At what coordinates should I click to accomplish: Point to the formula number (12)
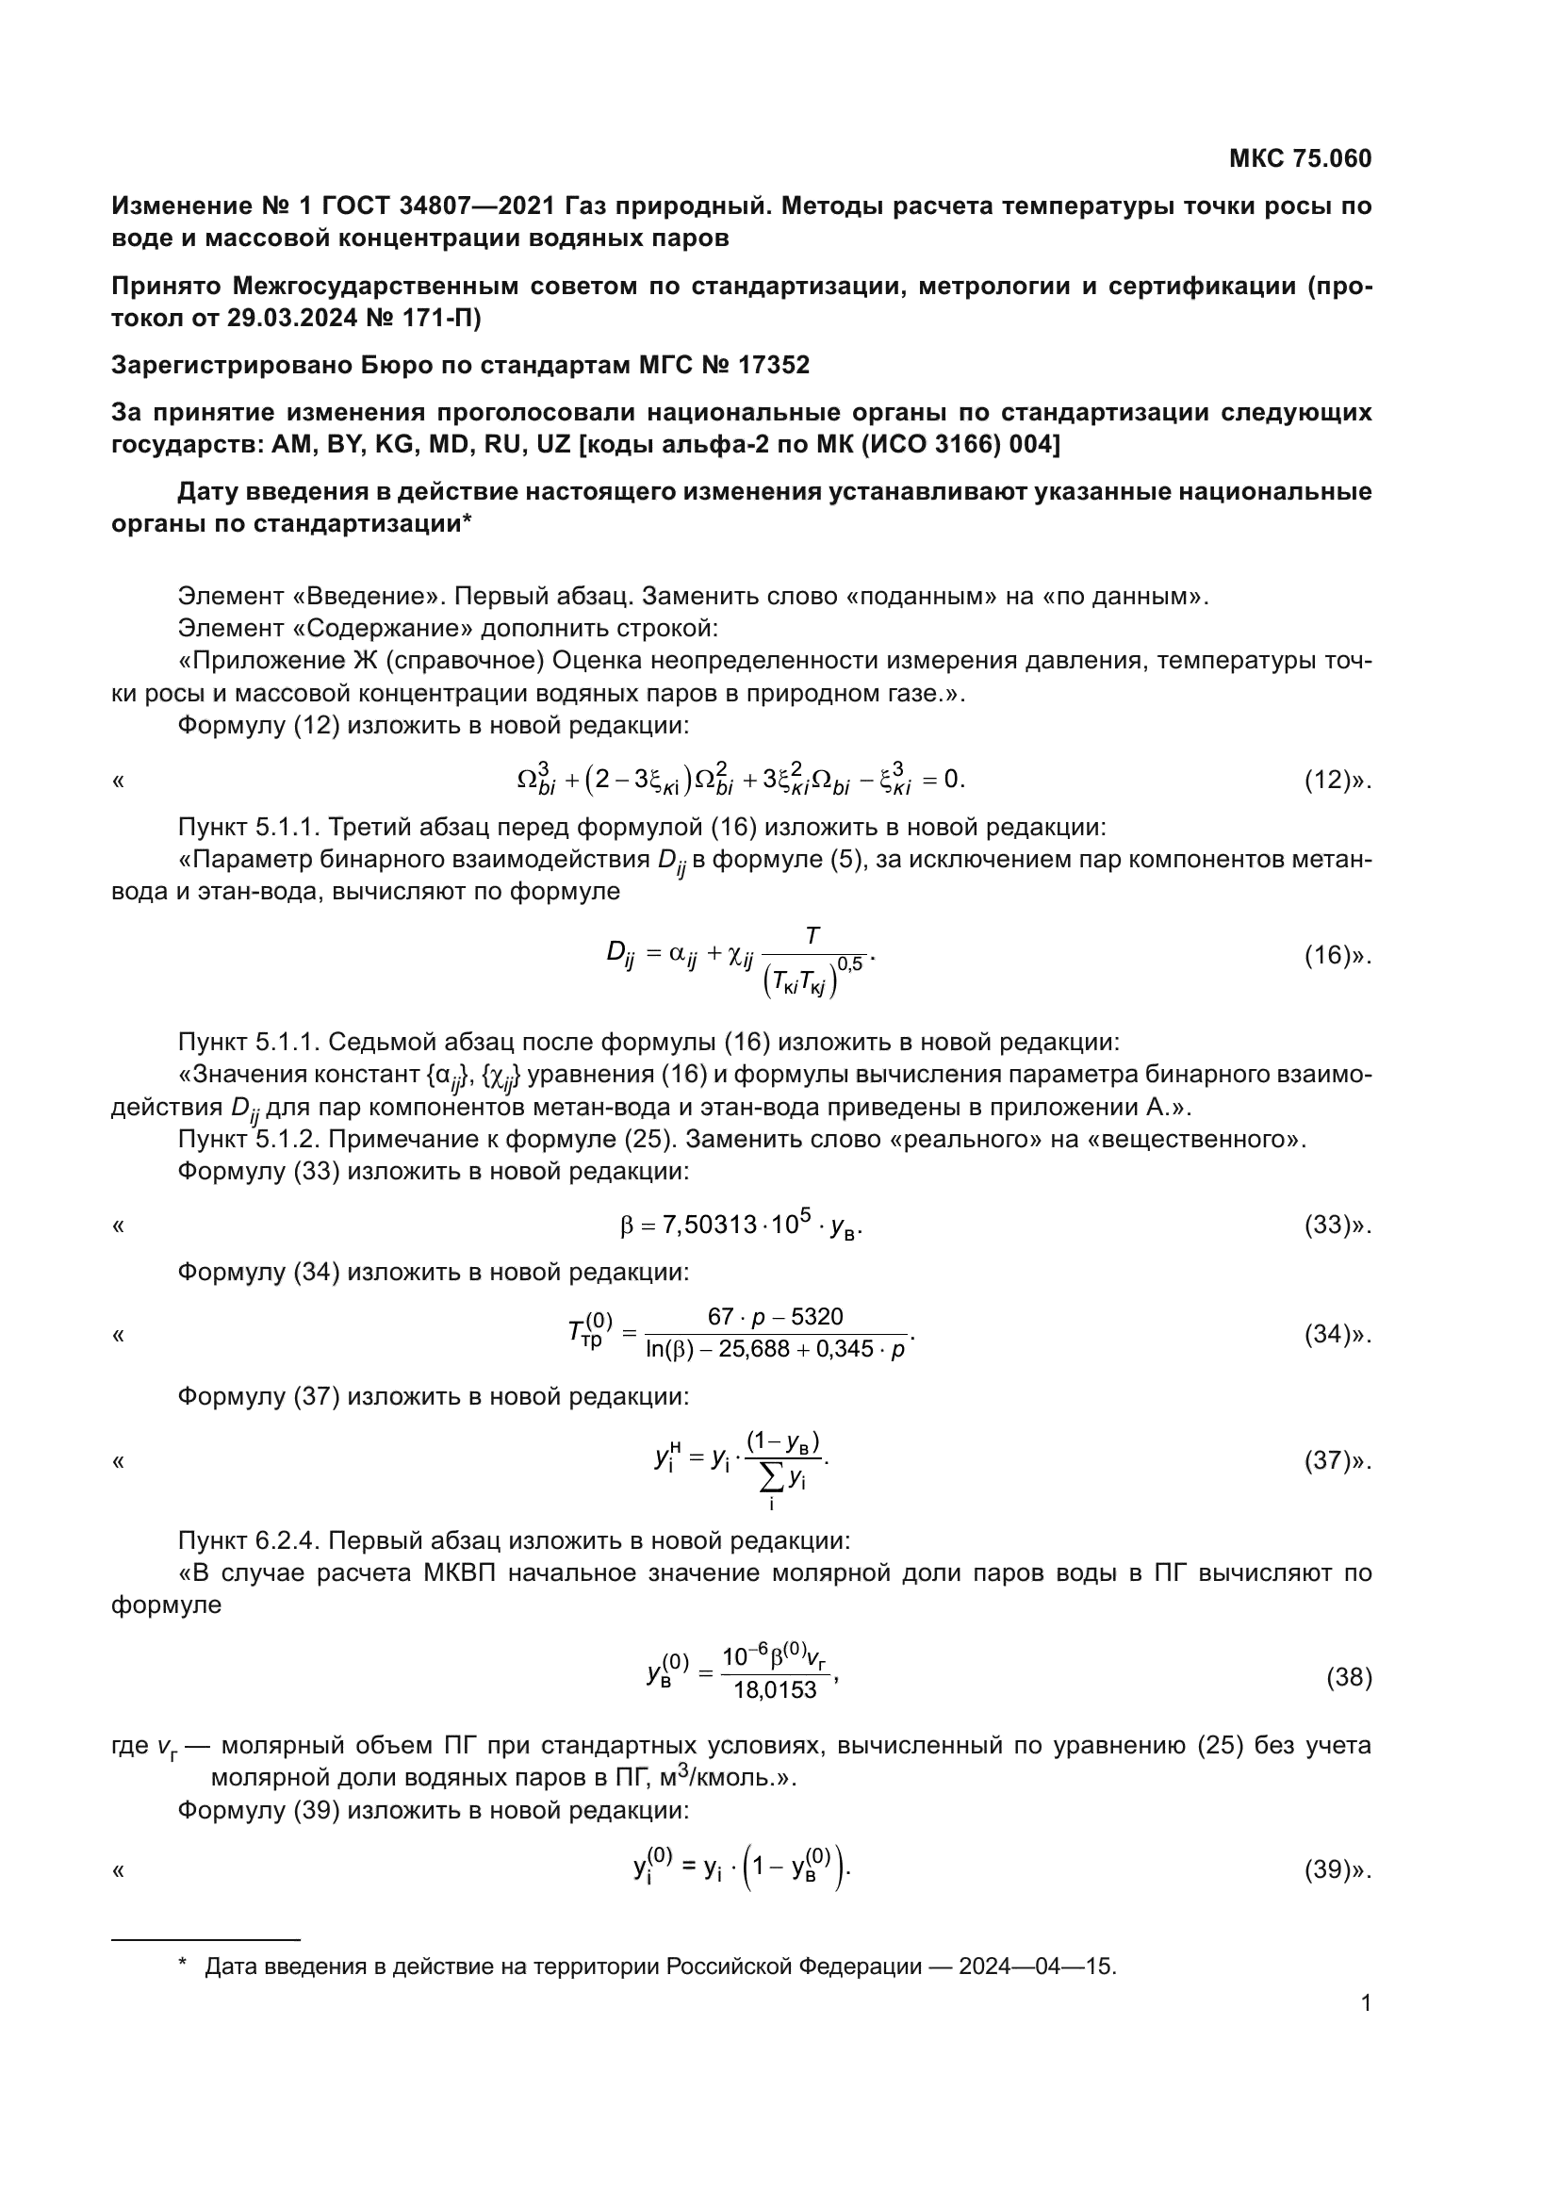point(1328,780)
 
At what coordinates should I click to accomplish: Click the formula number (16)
point(1328,956)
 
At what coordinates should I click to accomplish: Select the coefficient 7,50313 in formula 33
point(709,1226)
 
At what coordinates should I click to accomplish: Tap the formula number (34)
point(1328,1334)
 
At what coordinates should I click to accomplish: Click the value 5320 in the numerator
point(817,1317)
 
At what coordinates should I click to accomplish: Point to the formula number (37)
point(1328,1460)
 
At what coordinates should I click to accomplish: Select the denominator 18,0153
point(775,1689)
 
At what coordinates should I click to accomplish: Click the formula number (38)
point(1349,1678)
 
